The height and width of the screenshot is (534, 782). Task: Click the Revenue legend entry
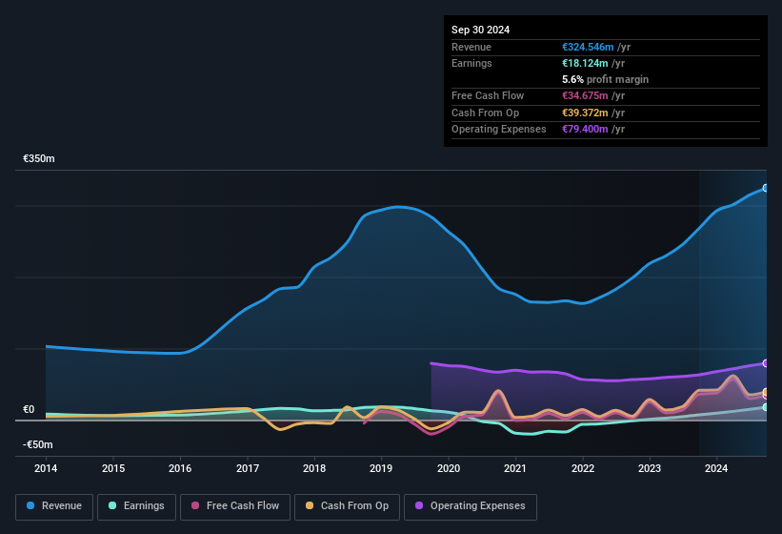pyautogui.click(x=54, y=505)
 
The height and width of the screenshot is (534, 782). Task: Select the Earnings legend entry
pyautogui.click(x=136, y=505)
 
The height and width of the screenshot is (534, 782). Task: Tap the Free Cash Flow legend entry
pyautogui.click(x=236, y=505)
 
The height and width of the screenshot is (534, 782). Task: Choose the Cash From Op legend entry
pyautogui.click(x=346, y=505)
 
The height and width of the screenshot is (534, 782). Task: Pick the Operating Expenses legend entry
pyautogui.click(x=471, y=505)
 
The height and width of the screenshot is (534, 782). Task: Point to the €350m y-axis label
pyautogui.click(x=39, y=159)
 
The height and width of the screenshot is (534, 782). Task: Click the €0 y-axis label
pyautogui.click(x=29, y=410)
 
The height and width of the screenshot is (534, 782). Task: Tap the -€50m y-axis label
pyautogui.click(x=38, y=444)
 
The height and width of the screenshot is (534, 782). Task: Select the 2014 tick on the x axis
pyautogui.click(x=46, y=468)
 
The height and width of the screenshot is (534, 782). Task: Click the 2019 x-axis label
pyautogui.click(x=381, y=468)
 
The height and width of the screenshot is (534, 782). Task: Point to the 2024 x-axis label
pyautogui.click(x=716, y=468)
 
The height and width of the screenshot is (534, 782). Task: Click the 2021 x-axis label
pyautogui.click(x=515, y=468)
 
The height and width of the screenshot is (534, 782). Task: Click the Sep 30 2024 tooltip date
pyautogui.click(x=480, y=30)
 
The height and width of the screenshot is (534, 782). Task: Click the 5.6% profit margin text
pyautogui.click(x=606, y=79)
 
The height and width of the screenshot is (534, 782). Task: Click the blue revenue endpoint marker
pyautogui.click(x=766, y=188)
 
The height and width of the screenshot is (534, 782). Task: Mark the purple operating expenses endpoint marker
pyautogui.click(x=766, y=363)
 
